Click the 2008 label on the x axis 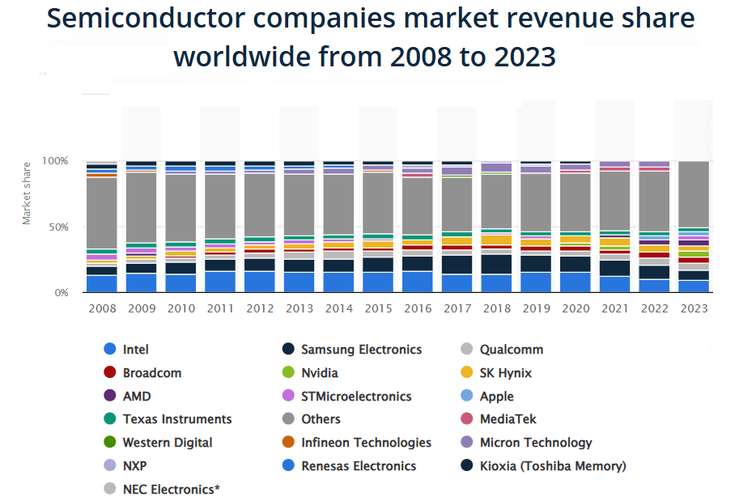coord(102,308)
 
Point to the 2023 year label coord(694,308)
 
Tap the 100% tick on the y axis coord(55,161)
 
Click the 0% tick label coord(62,292)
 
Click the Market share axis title coord(27,193)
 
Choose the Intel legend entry coord(135,350)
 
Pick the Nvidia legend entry coord(319,373)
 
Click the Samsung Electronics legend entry coord(361,350)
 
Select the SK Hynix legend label coord(505,373)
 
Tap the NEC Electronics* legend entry coord(171,489)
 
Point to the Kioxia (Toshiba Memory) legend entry coord(553,465)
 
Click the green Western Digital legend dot coord(110,443)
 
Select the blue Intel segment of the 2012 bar coord(260,282)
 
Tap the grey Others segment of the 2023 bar coord(694,194)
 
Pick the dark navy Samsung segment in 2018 coord(496,264)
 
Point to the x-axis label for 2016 coord(418,308)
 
